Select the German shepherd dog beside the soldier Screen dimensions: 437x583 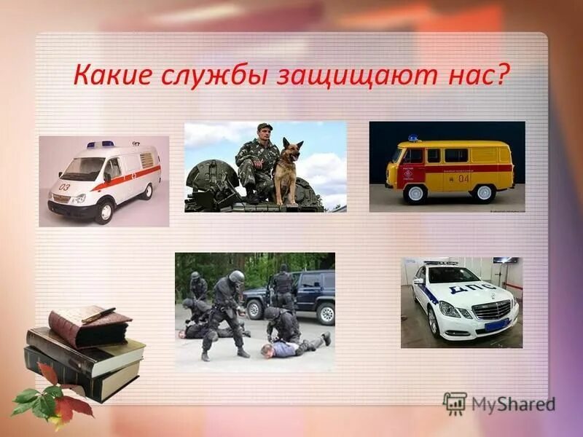(289, 169)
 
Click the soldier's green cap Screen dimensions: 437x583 (265, 127)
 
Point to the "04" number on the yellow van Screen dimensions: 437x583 (464, 178)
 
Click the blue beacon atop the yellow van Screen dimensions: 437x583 (414, 138)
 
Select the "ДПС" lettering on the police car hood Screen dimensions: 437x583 (469, 288)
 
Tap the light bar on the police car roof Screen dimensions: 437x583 (442, 262)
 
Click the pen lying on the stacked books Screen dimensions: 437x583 (98, 314)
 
